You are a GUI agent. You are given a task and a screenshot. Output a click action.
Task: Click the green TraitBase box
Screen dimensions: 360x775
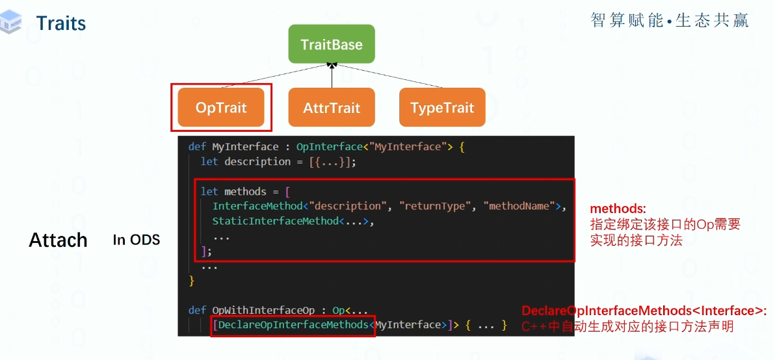click(332, 44)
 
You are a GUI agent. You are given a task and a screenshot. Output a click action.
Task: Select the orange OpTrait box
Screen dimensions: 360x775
click(221, 107)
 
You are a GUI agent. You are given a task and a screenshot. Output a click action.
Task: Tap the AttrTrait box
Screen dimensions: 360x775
click(332, 107)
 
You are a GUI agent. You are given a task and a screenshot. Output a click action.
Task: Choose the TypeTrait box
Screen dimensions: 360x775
click(442, 107)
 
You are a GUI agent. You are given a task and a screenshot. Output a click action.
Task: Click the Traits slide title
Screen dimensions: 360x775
click(61, 23)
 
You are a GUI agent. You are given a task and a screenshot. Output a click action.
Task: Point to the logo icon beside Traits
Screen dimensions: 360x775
click(12, 22)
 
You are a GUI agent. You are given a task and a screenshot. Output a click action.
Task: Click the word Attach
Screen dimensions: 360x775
click(58, 240)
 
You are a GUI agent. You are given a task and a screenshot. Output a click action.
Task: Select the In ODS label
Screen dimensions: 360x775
click(136, 240)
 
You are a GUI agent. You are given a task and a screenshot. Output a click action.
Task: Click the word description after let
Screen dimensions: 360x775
click(257, 161)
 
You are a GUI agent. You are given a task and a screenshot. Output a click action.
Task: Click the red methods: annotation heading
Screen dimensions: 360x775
click(618, 209)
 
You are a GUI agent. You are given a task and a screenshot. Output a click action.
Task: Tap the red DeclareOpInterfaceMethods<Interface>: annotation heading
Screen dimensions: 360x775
click(644, 311)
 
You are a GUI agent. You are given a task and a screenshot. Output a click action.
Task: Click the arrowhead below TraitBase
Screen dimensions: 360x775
click(332, 65)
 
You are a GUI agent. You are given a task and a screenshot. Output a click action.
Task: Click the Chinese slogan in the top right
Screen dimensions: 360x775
click(670, 21)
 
